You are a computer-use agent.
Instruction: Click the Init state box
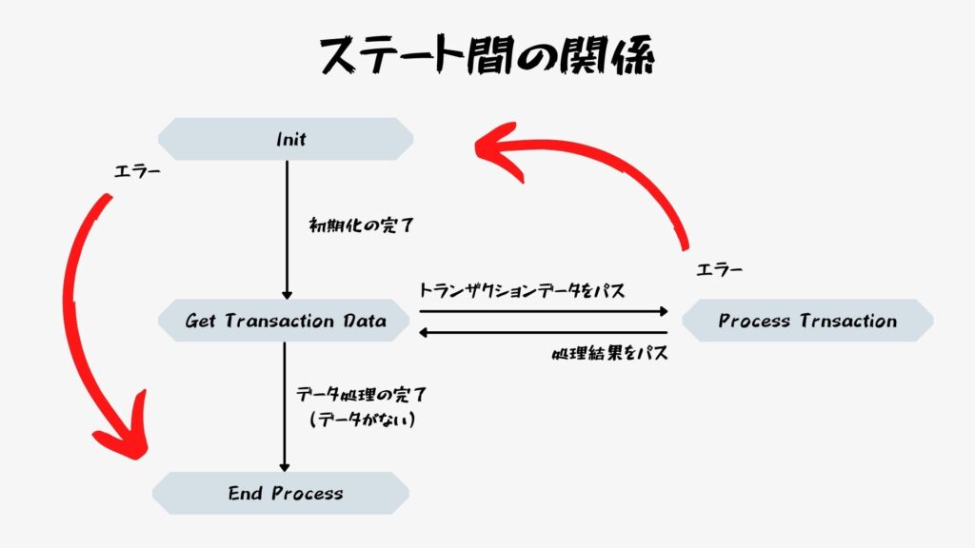(286, 139)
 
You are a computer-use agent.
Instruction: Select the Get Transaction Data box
(284, 321)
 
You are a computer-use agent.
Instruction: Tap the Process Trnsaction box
(807, 321)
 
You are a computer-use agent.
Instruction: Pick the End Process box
(281, 494)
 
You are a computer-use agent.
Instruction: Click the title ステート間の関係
(487, 55)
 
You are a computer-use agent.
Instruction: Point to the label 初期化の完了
(361, 225)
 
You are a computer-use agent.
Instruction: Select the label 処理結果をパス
(610, 354)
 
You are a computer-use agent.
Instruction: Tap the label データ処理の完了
(361, 395)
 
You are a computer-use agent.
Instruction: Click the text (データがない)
(363, 420)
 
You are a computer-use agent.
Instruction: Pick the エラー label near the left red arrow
(137, 171)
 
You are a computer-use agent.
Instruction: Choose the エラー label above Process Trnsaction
(720, 269)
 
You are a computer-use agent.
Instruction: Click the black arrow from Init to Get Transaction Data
(287, 230)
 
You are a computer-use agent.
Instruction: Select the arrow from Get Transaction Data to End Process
(284, 407)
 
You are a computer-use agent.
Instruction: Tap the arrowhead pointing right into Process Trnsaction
(664, 311)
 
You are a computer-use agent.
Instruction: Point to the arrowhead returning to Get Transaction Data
(423, 333)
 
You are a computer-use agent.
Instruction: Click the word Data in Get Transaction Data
(365, 321)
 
